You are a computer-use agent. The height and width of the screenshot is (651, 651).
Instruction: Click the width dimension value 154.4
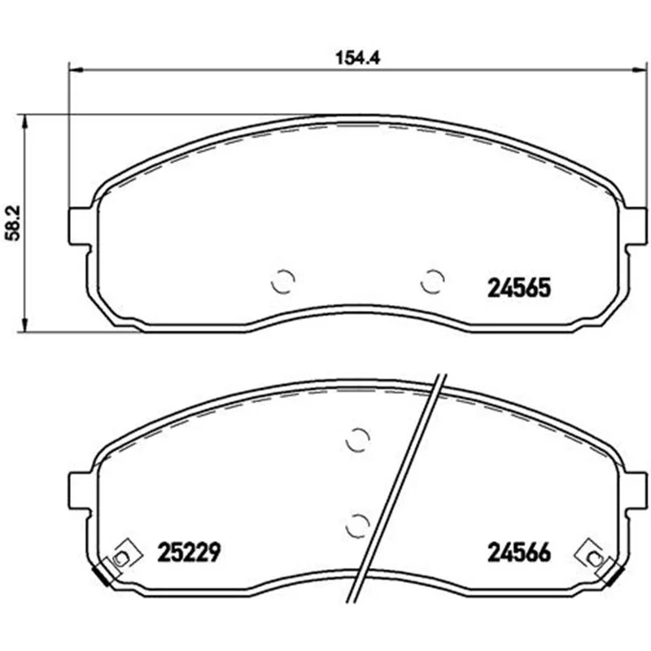click(357, 58)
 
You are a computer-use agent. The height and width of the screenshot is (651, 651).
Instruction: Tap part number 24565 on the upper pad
click(518, 288)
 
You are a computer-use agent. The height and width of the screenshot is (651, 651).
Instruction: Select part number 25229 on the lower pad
click(189, 553)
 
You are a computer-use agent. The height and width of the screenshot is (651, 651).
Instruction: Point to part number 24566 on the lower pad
click(519, 553)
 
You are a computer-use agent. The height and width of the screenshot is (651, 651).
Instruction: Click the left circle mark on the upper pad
click(282, 282)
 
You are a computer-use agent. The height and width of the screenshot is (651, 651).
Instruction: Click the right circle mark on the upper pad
click(432, 281)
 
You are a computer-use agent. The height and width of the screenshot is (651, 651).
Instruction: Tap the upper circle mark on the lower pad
click(357, 439)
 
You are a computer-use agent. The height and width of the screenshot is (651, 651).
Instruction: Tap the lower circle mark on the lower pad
click(357, 526)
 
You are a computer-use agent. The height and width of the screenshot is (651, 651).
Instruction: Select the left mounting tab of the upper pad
click(79, 226)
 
